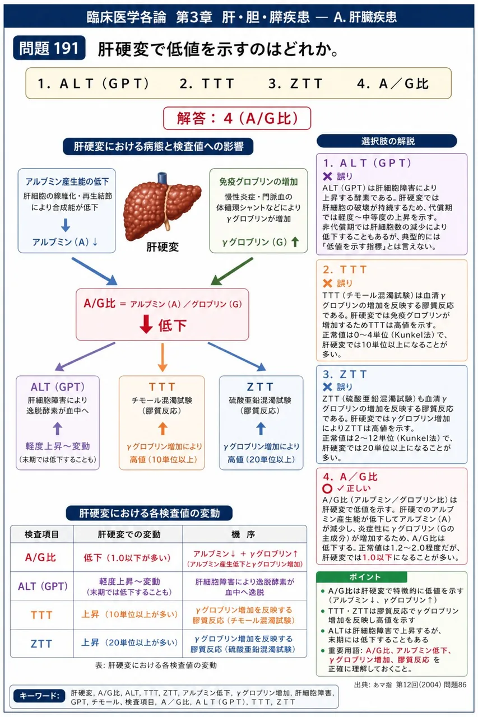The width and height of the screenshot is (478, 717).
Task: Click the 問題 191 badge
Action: pos(49,48)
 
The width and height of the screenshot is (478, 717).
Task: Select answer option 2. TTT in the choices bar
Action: pos(207,83)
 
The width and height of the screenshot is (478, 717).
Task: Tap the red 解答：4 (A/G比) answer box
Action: pos(237,118)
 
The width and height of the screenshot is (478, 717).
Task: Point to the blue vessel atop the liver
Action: pos(162,178)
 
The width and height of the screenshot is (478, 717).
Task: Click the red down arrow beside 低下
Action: pos(146,324)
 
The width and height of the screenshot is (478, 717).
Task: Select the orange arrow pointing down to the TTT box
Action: pos(163,357)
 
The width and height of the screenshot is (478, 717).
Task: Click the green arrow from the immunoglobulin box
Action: pos(232,272)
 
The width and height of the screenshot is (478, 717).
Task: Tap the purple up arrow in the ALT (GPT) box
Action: pos(58,429)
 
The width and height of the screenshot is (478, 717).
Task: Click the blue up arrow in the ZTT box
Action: pos(261,429)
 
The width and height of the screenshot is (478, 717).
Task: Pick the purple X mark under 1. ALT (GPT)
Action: pos(327,176)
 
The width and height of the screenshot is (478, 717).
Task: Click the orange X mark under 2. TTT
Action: pos(327,283)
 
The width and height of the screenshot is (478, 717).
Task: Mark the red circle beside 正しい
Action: pos(327,488)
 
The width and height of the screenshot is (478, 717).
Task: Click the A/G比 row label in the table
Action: pos(41,557)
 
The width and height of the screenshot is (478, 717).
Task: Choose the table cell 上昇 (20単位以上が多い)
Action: pos(129,642)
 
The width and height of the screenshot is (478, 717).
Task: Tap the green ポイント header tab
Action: pos(361,577)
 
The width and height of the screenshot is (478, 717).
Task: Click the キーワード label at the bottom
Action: pos(39,696)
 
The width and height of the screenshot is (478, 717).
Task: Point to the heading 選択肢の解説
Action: pos(387,141)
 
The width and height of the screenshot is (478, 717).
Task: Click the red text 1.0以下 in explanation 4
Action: pos(378,557)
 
